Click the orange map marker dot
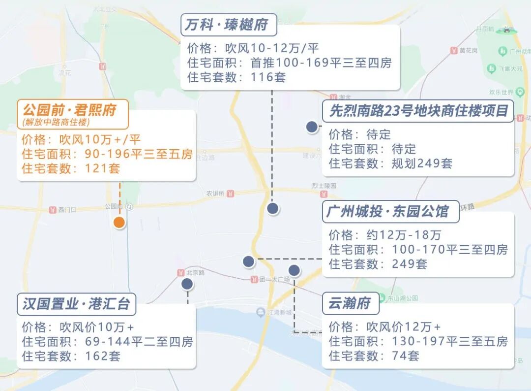point(119,223)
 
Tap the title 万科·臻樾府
point(229,25)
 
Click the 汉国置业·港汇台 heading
point(76,304)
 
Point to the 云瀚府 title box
point(350,303)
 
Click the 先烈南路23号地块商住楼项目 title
point(418,110)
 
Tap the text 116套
point(268,77)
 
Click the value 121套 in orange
point(102,168)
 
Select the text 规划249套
point(422,163)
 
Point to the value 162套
point(102,356)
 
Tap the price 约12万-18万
point(404,235)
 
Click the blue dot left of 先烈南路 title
point(311,127)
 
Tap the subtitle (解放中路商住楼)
point(56,122)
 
